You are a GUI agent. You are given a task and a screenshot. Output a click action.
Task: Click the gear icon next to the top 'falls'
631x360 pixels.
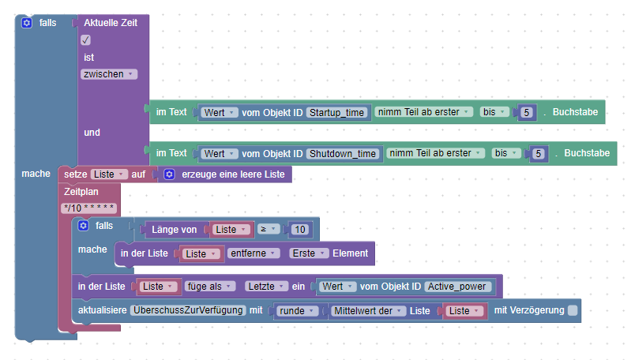(27, 24)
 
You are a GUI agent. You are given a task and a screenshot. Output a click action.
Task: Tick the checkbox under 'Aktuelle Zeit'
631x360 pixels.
(86, 40)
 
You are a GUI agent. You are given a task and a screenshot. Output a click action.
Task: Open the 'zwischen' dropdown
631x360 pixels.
(108, 74)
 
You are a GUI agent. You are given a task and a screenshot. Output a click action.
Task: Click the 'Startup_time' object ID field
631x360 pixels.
(336, 112)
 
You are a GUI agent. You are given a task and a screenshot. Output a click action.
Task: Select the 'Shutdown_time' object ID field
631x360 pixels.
(342, 153)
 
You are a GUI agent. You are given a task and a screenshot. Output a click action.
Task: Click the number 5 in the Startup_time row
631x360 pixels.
(527, 112)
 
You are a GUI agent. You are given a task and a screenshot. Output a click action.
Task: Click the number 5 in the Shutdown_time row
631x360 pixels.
(539, 153)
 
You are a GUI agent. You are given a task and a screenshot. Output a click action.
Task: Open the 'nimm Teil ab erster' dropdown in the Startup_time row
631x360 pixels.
(425, 112)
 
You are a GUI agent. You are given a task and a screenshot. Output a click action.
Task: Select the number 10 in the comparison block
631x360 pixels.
(299, 230)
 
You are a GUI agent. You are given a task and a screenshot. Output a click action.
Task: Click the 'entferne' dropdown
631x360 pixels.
(254, 253)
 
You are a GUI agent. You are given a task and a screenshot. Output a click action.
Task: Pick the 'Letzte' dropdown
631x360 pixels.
(265, 286)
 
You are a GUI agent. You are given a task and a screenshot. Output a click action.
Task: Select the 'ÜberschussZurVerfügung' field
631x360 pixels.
(188, 310)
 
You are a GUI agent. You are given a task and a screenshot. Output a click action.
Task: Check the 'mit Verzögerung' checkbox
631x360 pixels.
(573, 310)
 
